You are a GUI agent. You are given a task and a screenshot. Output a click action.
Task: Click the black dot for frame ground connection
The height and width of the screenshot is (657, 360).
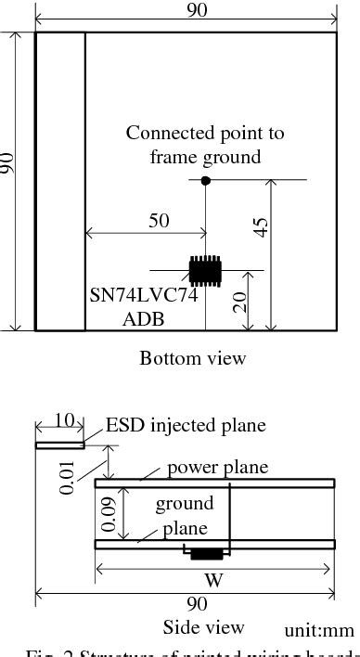(206, 179)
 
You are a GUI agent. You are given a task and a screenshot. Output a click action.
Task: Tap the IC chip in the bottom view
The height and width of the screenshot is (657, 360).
(205, 269)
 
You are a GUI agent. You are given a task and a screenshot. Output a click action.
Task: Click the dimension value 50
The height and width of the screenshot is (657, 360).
(159, 220)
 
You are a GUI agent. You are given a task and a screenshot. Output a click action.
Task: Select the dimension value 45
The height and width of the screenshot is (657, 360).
(262, 227)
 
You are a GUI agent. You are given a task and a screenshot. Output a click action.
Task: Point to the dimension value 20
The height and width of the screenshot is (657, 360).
(240, 301)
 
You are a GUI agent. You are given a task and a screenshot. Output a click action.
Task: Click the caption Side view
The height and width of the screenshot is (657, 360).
(203, 626)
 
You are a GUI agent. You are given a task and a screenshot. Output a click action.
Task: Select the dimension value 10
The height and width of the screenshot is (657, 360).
(62, 420)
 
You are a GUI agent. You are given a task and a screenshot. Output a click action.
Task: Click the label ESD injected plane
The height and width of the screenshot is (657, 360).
(186, 426)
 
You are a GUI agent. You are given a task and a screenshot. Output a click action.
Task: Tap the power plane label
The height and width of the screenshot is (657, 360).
(217, 467)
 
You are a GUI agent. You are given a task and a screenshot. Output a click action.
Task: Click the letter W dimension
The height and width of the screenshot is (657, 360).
(215, 584)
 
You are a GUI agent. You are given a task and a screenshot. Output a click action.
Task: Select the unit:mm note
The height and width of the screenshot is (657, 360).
(321, 630)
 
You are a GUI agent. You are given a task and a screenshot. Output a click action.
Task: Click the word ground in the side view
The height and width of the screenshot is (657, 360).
(184, 505)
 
